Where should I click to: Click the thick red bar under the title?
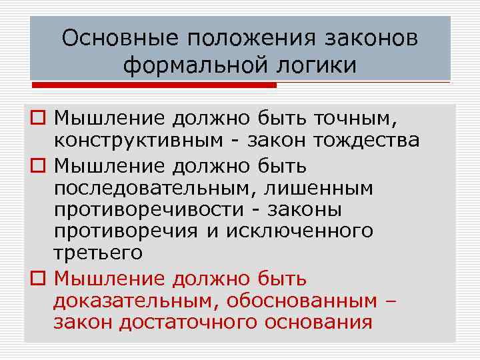154,85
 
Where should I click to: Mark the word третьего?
98,253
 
